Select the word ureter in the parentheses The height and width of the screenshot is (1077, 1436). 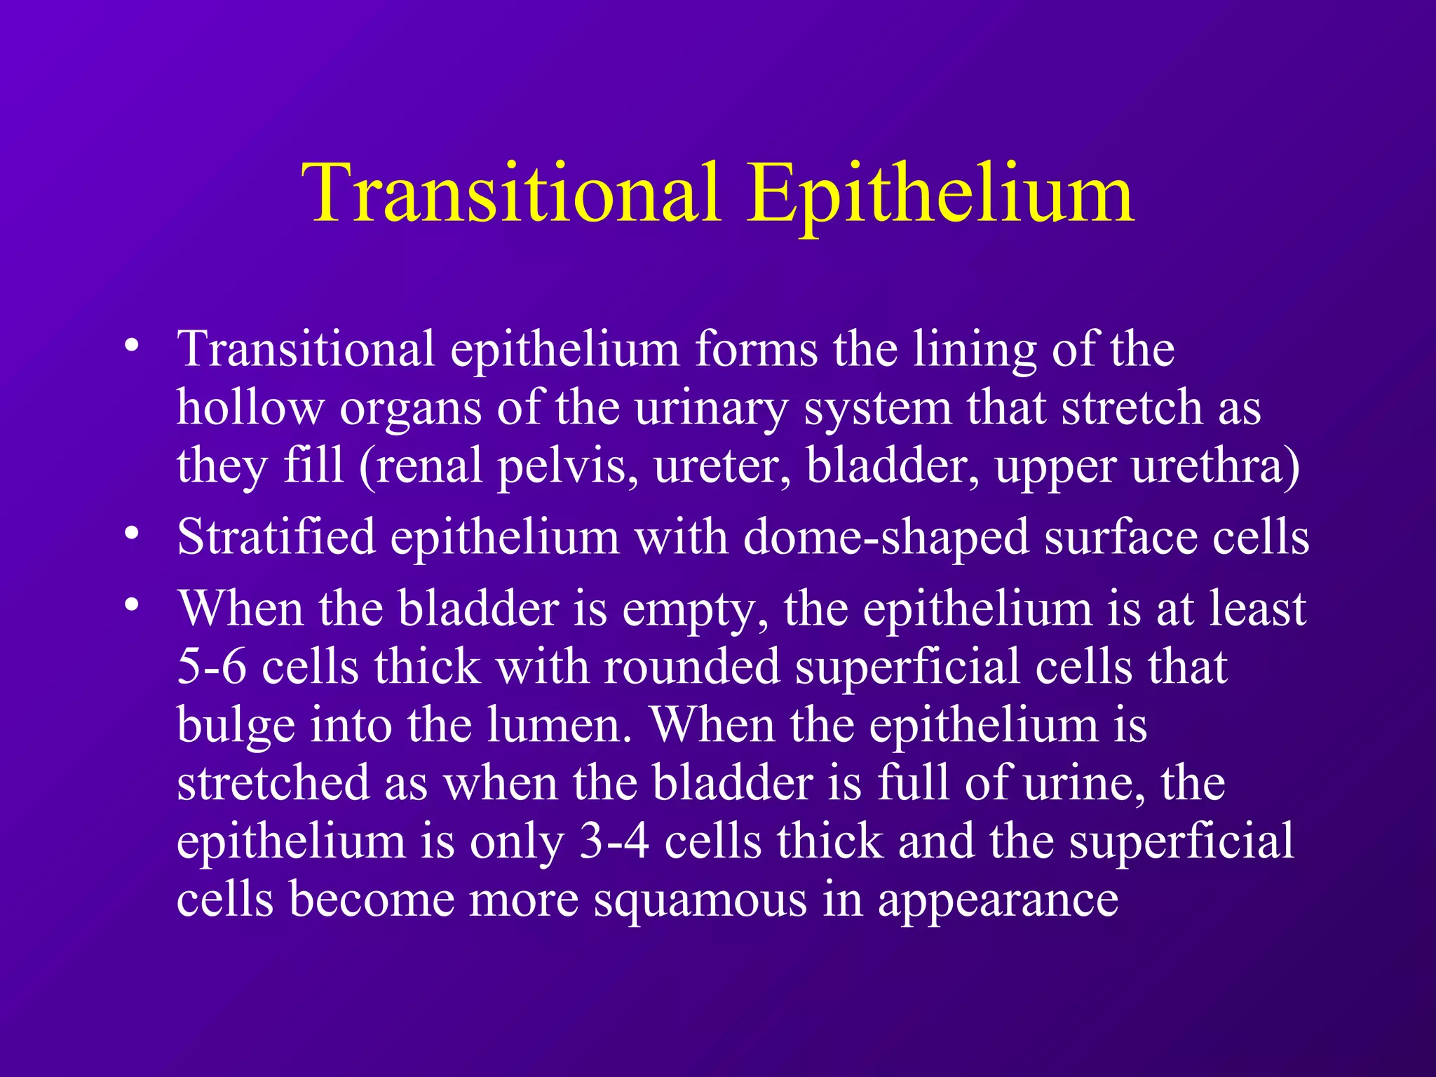point(722,466)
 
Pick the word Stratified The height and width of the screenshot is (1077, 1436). point(276,537)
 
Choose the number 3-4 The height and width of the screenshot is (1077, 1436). point(614,841)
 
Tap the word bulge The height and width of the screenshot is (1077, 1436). point(236,726)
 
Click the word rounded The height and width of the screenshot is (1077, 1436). point(692,666)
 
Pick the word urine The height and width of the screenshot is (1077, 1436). point(1084,783)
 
